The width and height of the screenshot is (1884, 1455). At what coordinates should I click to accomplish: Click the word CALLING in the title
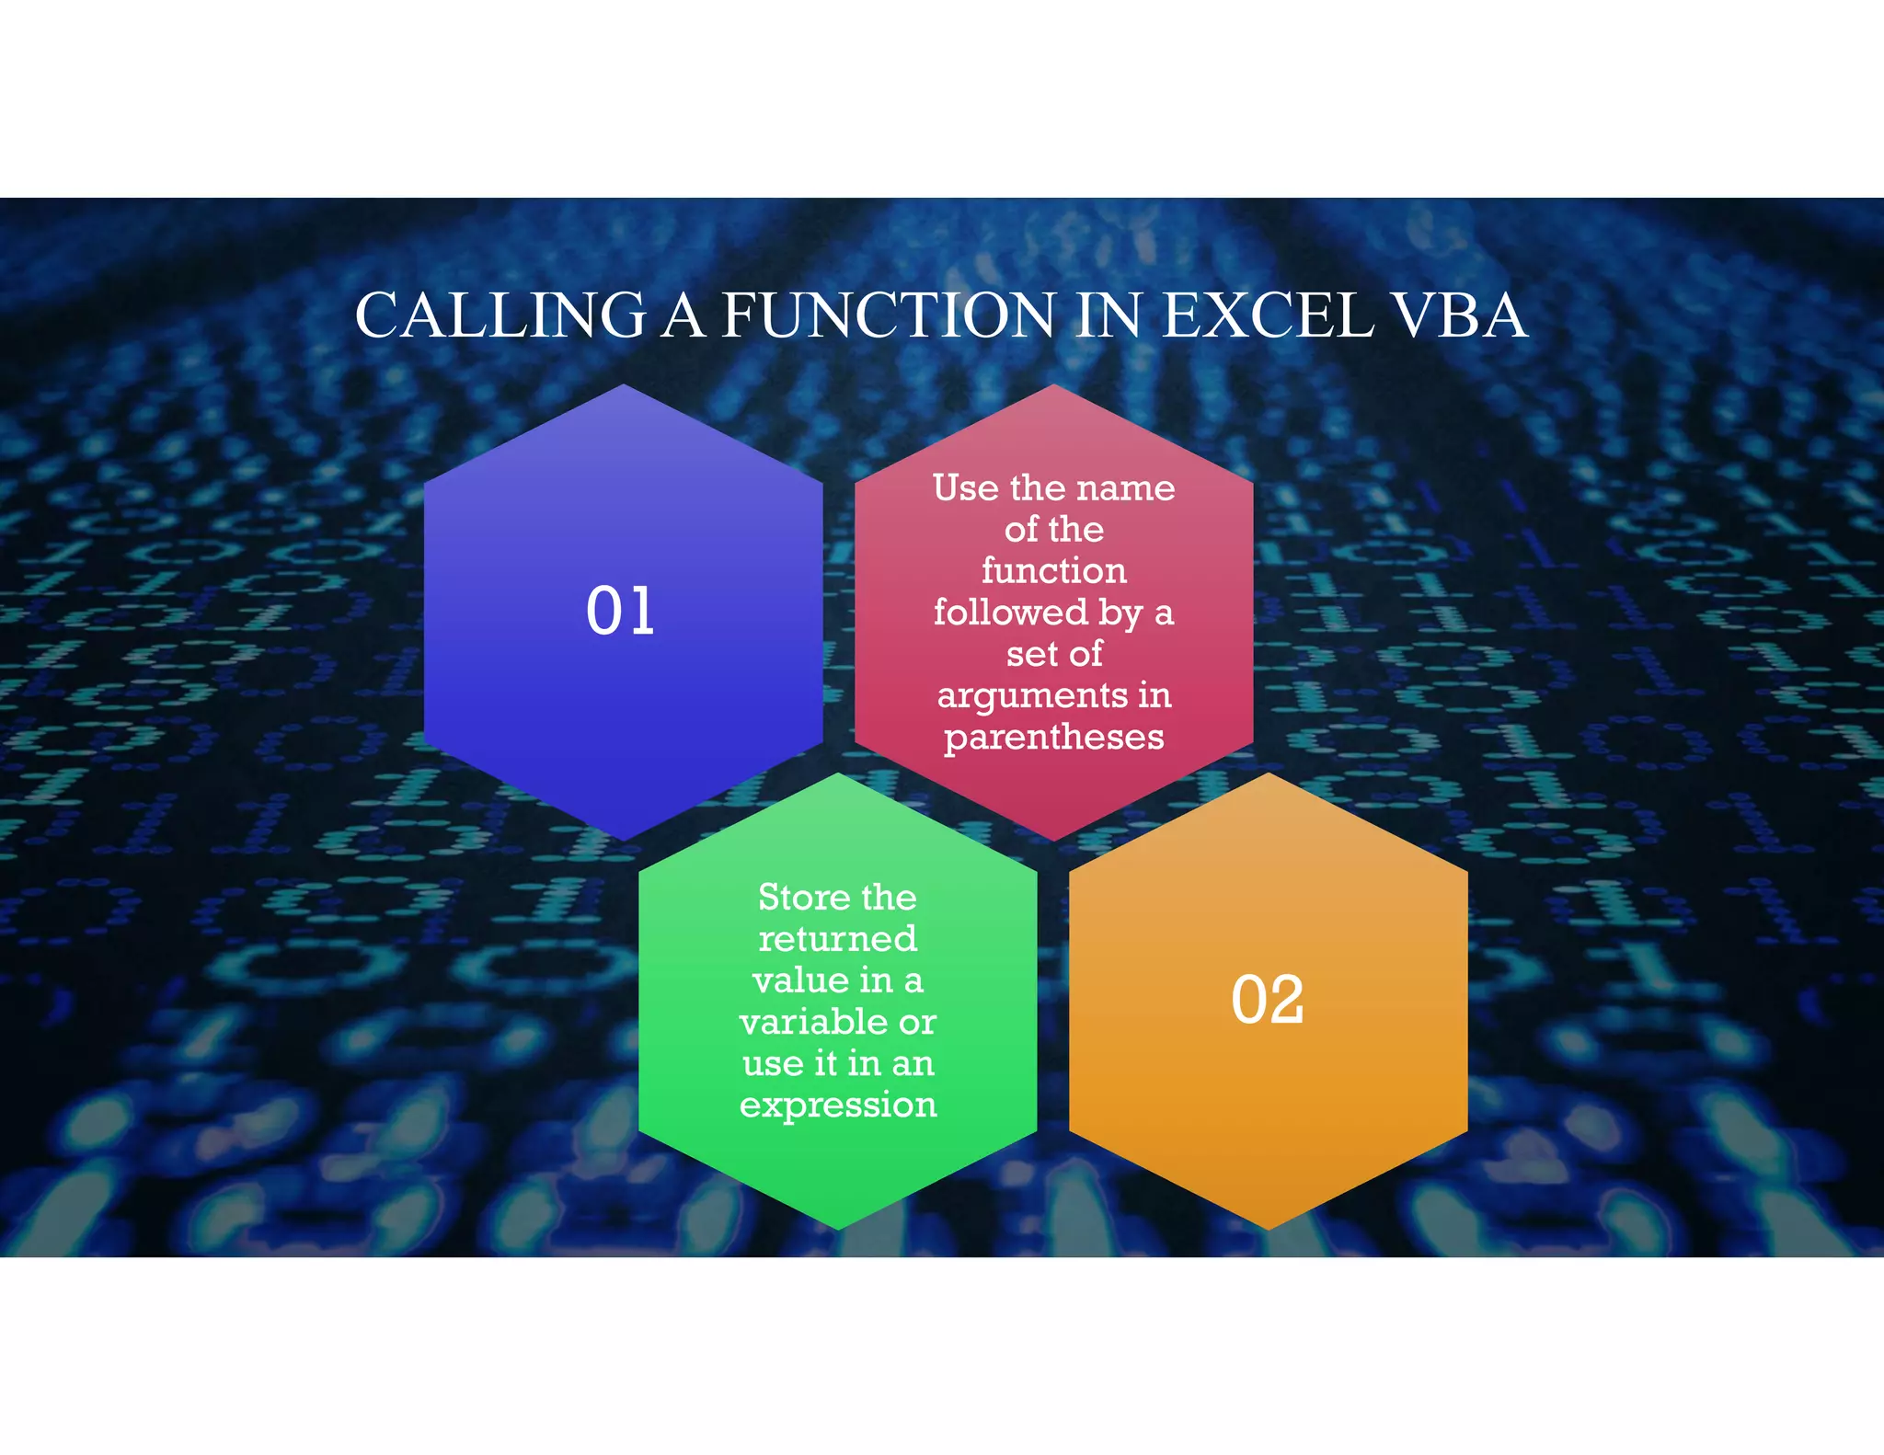[500, 315]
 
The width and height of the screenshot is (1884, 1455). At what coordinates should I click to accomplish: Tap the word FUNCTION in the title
[889, 315]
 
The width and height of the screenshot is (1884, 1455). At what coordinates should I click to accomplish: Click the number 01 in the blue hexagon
[621, 611]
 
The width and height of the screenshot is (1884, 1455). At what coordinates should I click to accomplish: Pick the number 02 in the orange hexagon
[1267, 1000]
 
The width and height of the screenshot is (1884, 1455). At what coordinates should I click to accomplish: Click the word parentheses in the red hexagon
[1054, 737]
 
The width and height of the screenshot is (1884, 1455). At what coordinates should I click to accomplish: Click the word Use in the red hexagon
[965, 487]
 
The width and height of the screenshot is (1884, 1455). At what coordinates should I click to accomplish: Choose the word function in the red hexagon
[1054, 570]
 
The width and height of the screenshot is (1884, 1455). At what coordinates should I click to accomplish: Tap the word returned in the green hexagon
[838, 939]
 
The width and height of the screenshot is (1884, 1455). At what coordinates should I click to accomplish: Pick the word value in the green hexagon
[800, 980]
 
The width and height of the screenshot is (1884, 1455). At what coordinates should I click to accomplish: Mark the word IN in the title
[1109, 315]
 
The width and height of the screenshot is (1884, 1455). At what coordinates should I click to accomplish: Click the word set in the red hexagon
[1030, 654]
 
